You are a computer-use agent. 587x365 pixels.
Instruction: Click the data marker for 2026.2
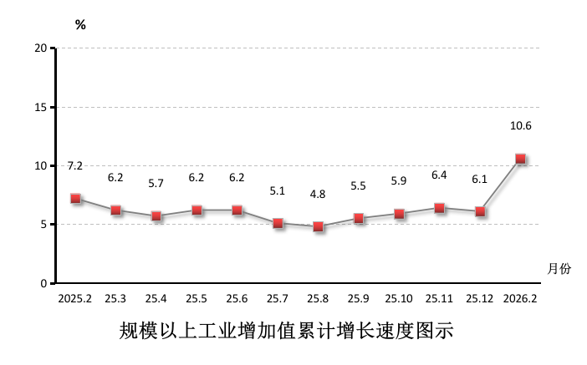[520, 159]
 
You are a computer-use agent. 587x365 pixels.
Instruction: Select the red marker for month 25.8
[318, 226]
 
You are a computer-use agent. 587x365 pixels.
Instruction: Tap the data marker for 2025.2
[75, 199]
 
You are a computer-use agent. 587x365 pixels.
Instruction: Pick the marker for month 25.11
[439, 208]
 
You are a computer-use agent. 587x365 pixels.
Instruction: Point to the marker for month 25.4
[156, 216]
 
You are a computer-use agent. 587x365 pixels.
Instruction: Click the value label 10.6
[520, 126]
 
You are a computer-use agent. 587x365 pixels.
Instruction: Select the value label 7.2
[75, 165]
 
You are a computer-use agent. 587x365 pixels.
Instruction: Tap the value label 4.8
[318, 194]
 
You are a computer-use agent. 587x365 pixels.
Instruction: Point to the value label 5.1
[278, 190]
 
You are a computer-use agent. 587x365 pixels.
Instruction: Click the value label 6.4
[439, 175]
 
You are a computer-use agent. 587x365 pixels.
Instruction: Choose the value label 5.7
[156, 183]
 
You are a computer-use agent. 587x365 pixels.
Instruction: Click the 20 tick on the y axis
[40, 48]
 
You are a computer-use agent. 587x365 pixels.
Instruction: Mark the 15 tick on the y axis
[40, 107]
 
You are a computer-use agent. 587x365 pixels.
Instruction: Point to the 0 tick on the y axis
[43, 283]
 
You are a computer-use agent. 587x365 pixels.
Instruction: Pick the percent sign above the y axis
[80, 25]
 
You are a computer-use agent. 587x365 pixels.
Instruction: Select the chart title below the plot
[286, 332]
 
